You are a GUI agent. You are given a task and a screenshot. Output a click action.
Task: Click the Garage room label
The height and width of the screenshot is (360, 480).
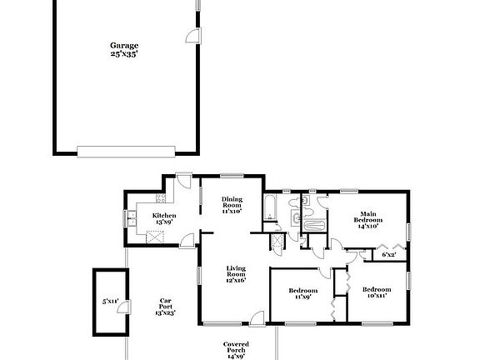124,46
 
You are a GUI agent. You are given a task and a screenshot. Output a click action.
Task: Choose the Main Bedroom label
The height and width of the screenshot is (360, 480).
368,218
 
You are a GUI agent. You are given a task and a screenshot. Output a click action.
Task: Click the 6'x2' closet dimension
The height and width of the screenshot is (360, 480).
389,254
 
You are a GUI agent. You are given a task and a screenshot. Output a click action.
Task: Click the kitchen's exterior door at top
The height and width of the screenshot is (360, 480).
183,181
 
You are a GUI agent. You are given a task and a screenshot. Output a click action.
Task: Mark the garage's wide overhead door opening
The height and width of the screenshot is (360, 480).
126,152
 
